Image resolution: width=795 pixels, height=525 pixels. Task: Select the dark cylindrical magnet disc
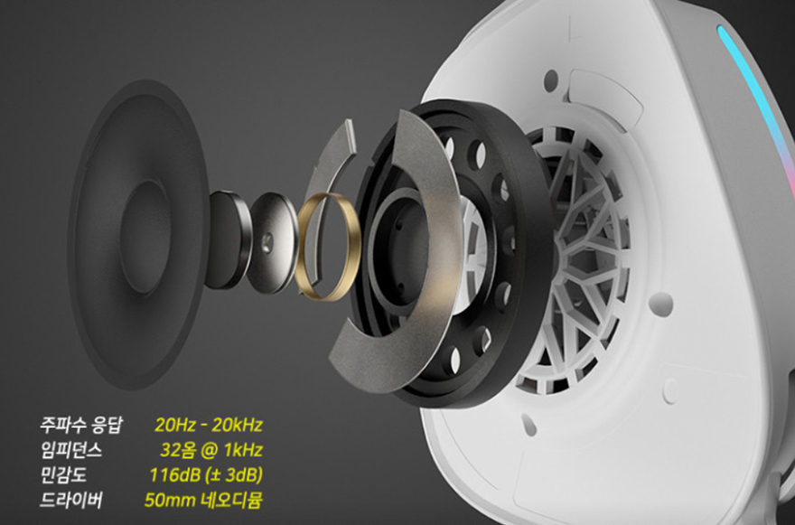(x=227, y=239)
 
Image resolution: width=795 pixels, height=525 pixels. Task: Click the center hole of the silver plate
(x=267, y=243)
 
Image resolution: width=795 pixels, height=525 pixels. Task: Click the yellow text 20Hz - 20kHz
(x=209, y=425)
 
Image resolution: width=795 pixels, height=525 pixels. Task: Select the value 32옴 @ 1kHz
(x=210, y=450)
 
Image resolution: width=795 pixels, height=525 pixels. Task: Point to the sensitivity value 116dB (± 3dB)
(x=206, y=475)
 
